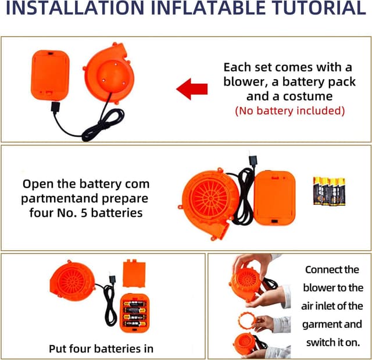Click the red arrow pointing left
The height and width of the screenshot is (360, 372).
click(x=192, y=89)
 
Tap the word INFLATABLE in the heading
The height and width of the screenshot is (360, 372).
click(x=208, y=8)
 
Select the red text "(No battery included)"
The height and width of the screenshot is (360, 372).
click(x=289, y=111)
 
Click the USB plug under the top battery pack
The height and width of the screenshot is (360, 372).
click(x=55, y=107)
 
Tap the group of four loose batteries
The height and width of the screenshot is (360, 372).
click(x=330, y=191)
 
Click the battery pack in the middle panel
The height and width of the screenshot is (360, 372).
click(x=274, y=198)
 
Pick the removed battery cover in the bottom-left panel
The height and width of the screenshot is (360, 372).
click(x=134, y=273)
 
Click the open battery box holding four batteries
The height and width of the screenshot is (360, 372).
click(x=134, y=313)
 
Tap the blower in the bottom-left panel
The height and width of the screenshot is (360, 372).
click(x=72, y=281)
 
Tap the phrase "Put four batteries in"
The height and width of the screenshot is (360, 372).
click(x=101, y=348)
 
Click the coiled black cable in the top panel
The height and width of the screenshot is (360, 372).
click(x=103, y=126)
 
